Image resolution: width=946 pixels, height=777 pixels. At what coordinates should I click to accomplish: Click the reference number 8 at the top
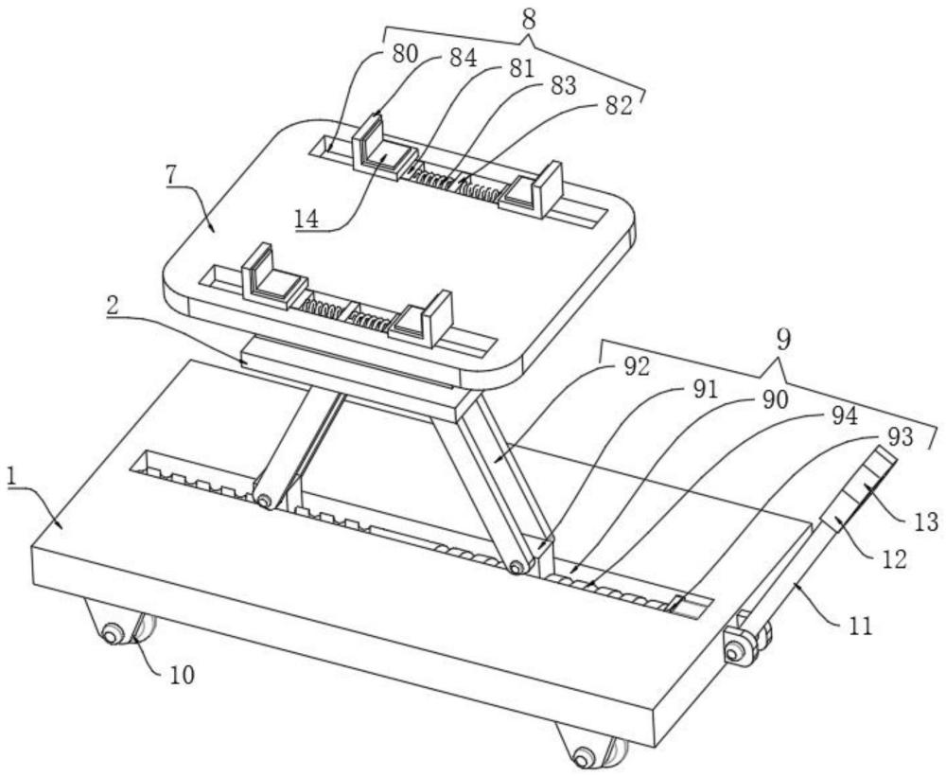point(529,20)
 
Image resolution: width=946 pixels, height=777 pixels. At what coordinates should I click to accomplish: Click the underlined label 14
point(307,219)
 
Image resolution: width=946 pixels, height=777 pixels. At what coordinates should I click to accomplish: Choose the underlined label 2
point(113,307)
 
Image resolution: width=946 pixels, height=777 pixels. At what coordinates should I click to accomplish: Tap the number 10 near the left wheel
point(181,675)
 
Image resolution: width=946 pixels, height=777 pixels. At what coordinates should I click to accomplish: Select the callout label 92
point(636,366)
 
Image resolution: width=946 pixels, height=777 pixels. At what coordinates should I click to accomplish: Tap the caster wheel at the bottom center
point(591,748)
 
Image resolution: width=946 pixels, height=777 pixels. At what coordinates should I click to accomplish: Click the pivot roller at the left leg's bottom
point(263,501)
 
